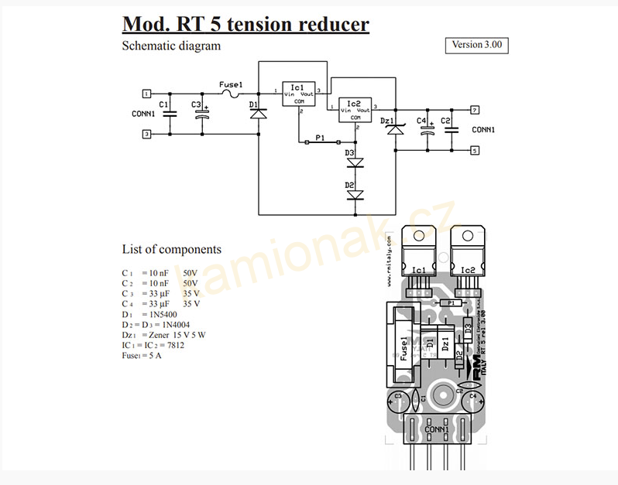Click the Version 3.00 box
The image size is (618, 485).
[476, 45]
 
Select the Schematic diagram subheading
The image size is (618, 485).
[171, 46]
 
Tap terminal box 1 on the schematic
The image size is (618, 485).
[146, 94]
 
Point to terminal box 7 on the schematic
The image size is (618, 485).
[475, 109]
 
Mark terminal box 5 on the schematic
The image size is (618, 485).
[475, 151]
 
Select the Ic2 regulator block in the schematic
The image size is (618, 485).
[353, 109]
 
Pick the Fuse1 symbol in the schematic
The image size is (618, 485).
[230, 93]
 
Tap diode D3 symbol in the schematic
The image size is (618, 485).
[355, 162]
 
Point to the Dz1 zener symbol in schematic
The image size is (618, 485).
[396, 128]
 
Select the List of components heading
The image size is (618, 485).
[171, 249]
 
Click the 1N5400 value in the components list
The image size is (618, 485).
[163, 315]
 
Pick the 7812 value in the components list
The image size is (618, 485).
[174, 345]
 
